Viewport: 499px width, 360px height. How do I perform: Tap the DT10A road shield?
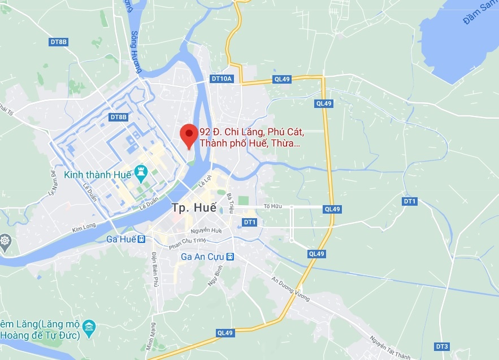[x=222, y=79]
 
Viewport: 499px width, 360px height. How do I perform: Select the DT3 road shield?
[x=442, y=346]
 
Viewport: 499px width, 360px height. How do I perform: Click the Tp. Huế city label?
[x=193, y=207]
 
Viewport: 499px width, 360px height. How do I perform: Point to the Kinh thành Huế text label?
[x=98, y=174]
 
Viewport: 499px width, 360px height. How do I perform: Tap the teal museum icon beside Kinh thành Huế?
[x=141, y=171]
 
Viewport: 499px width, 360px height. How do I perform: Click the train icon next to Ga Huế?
[x=142, y=239]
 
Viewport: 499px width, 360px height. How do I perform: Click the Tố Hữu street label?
[x=272, y=207]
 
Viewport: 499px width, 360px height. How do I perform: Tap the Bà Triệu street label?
[x=230, y=203]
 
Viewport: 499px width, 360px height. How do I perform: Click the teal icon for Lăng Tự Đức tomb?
[x=89, y=327]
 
